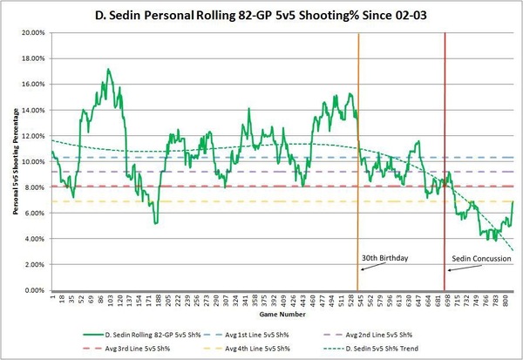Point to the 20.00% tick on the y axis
click(x=33, y=33)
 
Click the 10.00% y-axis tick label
click(x=33, y=162)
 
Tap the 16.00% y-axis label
click(x=33, y=85)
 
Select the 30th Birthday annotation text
click(x=384, y=259)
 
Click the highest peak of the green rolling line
click(x=108, y=69)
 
